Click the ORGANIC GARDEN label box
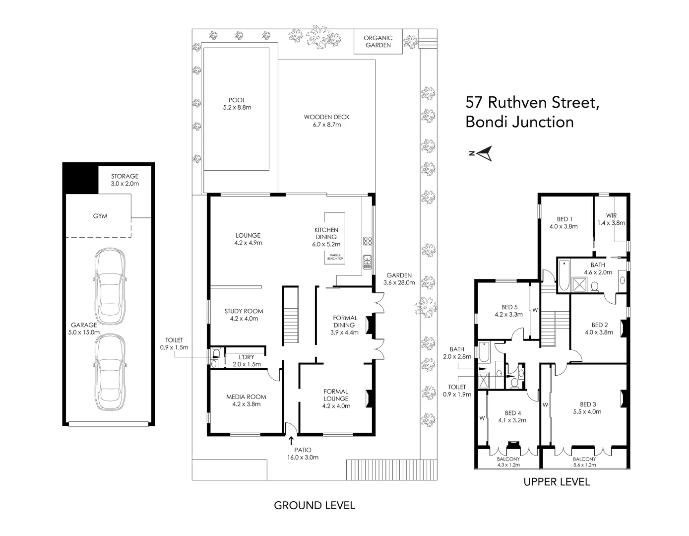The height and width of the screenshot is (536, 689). pyautogui.click(x=378, y=42)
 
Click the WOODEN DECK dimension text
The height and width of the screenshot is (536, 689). pyautogui.click(x=326, y=125)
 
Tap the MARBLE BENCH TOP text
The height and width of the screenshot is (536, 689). pyautogui.click(x=335, y=257)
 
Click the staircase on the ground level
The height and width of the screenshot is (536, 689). pyautogui.click(x=290, y=318)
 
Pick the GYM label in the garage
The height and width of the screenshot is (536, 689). pyautogui.click(x=100, y=216)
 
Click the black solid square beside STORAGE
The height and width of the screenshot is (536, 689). pyautogui.click(x=80, y=178)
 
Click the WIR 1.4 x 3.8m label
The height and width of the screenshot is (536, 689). pyautogui.click(x=611, y=219)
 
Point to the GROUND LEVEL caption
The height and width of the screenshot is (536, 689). pyautogui.click(x=314, y=505)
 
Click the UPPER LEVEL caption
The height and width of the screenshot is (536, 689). pyautogui.click(x=557, y=481)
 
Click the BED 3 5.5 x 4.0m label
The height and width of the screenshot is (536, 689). pyautogui.click(x=587, y=407)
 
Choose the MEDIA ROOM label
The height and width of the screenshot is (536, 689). pyautogui.click(x=246, y=400)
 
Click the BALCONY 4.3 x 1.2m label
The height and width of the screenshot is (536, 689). pyautogui.click(x=508, y=462)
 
